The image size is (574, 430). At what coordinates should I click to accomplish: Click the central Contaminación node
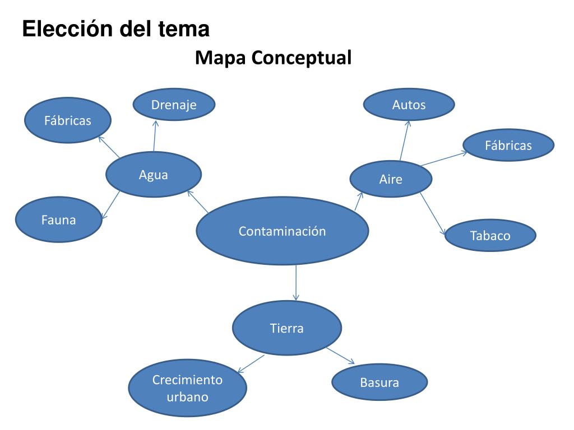coord(282,231)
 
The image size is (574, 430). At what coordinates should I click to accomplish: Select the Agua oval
coord(153,175)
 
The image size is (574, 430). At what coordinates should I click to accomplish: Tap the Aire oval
coord(391,179)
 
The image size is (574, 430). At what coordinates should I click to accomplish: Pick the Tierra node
coord(286,328)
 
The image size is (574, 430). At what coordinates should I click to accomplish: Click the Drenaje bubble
coord(174,105)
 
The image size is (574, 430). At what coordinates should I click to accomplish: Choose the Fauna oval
coord(58,220)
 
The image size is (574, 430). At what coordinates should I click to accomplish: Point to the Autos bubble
coord(409,105)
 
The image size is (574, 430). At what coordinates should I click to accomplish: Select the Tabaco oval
coord(490,235)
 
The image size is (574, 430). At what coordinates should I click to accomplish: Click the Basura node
coord(379,383)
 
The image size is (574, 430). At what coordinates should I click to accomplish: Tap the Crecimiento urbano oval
coord(187,389)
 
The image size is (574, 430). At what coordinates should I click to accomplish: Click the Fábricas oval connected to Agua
coord(68,120)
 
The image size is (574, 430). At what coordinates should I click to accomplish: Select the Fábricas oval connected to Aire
coord(508,146)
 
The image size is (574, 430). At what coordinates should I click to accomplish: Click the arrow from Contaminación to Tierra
coord(295,283)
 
